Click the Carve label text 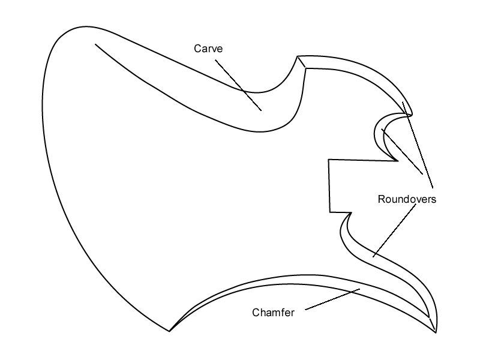coord(208,49)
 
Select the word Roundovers coord(406,199)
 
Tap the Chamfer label coord(273,313)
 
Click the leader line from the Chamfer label coord(333,300)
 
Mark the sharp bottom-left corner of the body coord(170,331)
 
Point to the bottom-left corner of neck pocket coord(329,211)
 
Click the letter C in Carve coord(197,49)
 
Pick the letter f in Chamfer coord(284,313)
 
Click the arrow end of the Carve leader coord(261,110)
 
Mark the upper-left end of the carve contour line coord(95,43)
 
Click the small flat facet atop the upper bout coord(302,62)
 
